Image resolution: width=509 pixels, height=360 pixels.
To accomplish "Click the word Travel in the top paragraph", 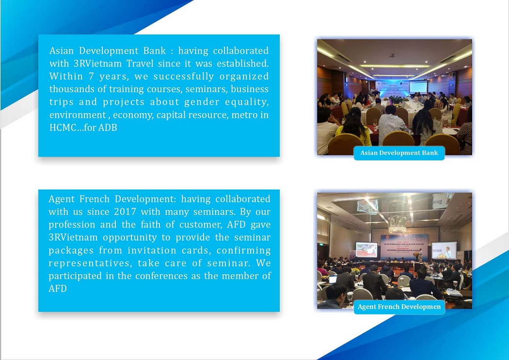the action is pyautogui.click(x=140, y=64).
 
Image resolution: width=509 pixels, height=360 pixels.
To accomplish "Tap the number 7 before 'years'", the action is pyautogui.click(x=91, y=76).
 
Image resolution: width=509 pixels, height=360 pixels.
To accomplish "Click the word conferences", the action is pyautogui.click(x=161, y=276).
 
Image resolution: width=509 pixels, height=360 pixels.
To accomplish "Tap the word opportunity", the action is pyautogui.click(x=130, y=238).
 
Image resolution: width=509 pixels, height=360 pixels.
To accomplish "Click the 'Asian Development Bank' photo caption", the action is pyautogui.click(x=399, y=153).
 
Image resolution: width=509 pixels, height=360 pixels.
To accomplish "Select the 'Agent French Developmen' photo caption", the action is pyautogui.click(x=399, y=307).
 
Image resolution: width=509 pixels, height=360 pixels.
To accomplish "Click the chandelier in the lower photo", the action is pyautogui.click(x=398, y=216).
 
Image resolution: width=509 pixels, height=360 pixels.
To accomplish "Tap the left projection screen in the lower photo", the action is pyautogui.click(x=366, y=249).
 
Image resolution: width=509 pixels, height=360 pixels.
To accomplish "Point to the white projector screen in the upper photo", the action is pyautogui.click(x=418, y=87).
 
